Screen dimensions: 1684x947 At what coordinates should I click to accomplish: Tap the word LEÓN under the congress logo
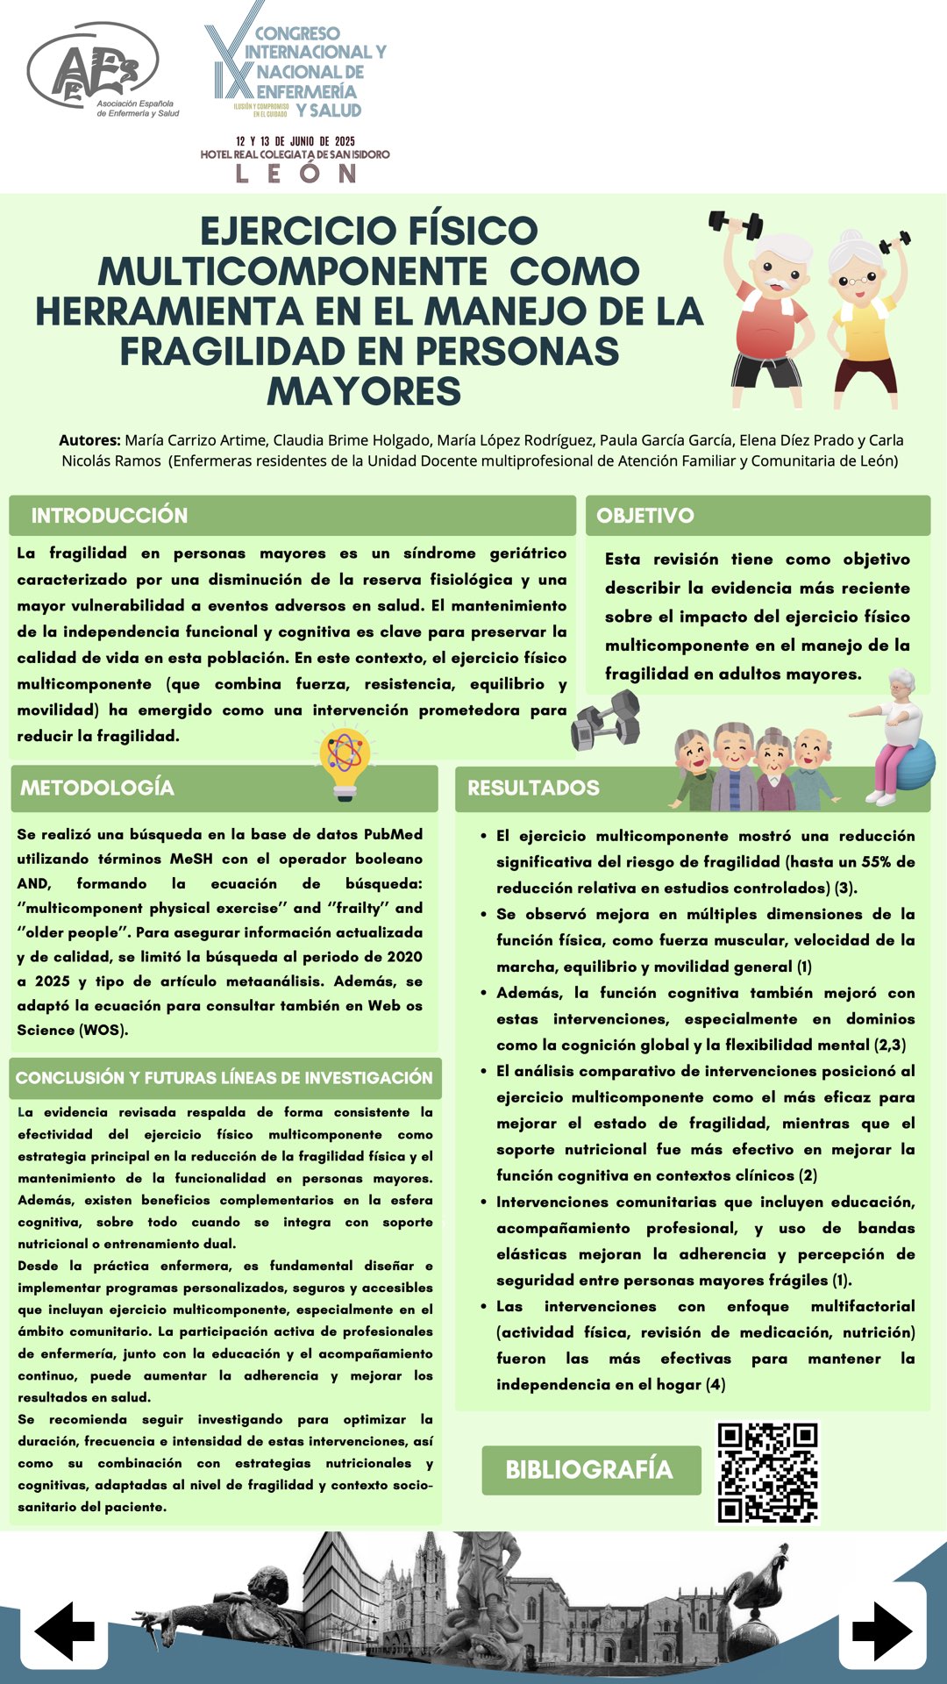[295, 173]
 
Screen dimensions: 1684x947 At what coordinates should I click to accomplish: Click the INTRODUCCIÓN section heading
[110, 516]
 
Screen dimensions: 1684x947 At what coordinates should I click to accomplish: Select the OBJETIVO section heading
[645, 516]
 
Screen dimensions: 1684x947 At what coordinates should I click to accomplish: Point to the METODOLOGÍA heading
[97, 788]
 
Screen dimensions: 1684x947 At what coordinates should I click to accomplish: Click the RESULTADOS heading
[533, 788]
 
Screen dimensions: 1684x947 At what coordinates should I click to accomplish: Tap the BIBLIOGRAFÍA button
[590, 1470]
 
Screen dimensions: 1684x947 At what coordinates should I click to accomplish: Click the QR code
[767, 1473]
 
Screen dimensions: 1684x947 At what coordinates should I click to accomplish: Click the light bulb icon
[345, 761]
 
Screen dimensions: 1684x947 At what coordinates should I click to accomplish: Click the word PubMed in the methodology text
[393, 834]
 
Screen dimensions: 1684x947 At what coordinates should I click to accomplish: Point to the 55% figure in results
[877, 862]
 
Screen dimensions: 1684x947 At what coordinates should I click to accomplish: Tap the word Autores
[89, 440]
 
